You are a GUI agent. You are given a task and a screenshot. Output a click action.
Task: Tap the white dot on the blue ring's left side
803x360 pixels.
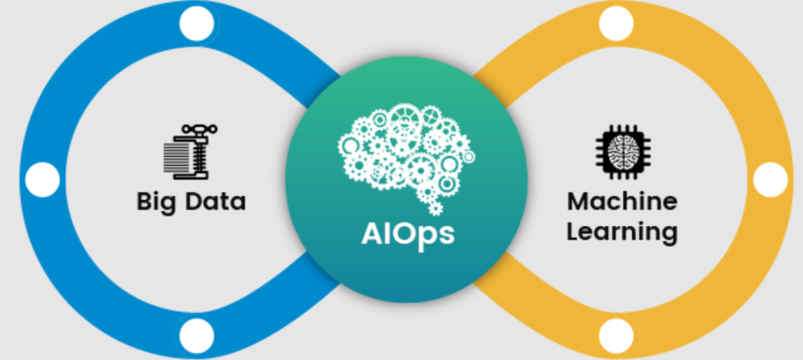(42, 180)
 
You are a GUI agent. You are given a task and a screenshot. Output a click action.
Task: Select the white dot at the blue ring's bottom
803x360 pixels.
(196, 336)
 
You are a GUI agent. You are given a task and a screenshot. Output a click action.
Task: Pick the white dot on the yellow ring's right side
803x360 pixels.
(770, 180)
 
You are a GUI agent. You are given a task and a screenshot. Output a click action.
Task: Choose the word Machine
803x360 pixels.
(622, 201)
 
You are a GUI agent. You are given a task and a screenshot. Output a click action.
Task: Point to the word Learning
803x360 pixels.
(622, 231)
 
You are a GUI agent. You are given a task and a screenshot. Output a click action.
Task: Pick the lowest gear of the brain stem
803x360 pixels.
(435, 209)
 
